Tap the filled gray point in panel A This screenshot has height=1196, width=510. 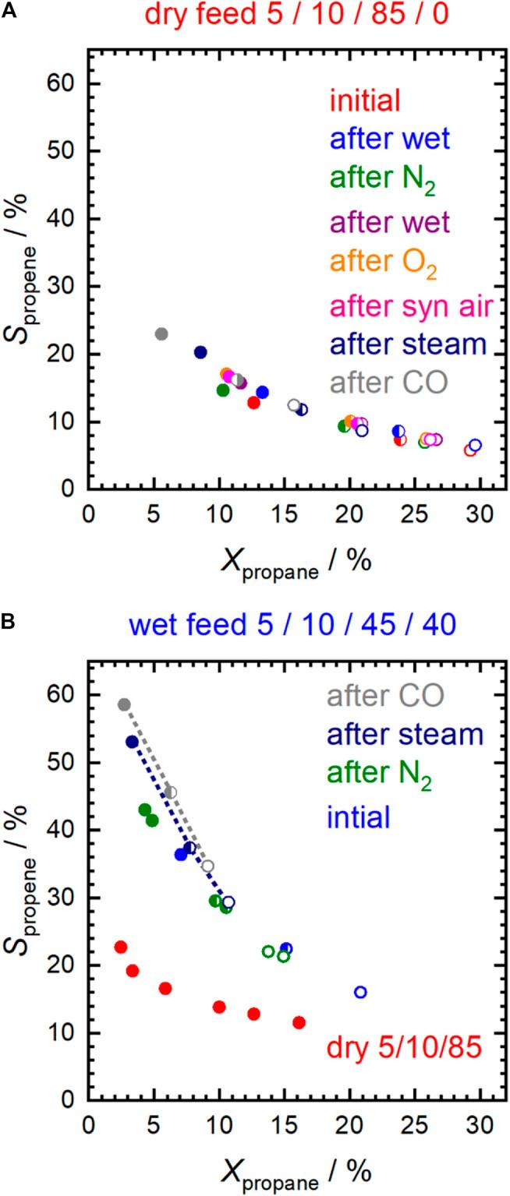point(161,333)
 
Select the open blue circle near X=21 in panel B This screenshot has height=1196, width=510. point(360,992)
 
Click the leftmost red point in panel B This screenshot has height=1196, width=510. point(121,947)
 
